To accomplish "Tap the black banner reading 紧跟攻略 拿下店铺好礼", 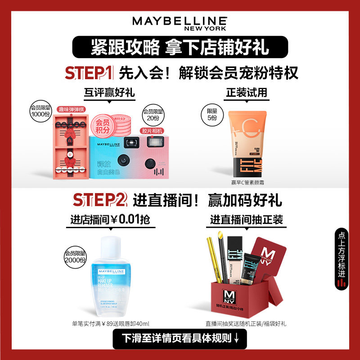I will [180, 47].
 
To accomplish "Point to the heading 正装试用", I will [246, 93].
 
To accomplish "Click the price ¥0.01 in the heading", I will [130, 220].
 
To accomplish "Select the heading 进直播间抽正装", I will [247, 220].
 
